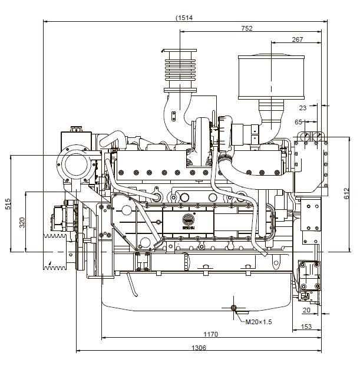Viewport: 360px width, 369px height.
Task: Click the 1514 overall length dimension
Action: [x=184, y=17]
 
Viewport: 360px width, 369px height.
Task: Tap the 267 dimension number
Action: [x=297, y=39]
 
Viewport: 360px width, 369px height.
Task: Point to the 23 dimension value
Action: [x=303, y=108]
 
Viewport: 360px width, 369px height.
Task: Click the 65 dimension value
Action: [x=298, y=122]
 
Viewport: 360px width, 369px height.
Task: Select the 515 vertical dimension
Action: [x=8, y=204]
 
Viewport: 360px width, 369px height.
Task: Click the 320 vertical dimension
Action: [x=22, y=222]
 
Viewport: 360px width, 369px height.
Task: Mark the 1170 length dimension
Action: [x=210, y=334]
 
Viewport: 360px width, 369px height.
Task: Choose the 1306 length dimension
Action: [x=199, y=348]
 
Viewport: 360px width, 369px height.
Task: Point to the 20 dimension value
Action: [x=306, y=310]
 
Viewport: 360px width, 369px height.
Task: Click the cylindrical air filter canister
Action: [x=270, y=77]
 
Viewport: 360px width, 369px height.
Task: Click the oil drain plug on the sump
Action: [x=234, y=308]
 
